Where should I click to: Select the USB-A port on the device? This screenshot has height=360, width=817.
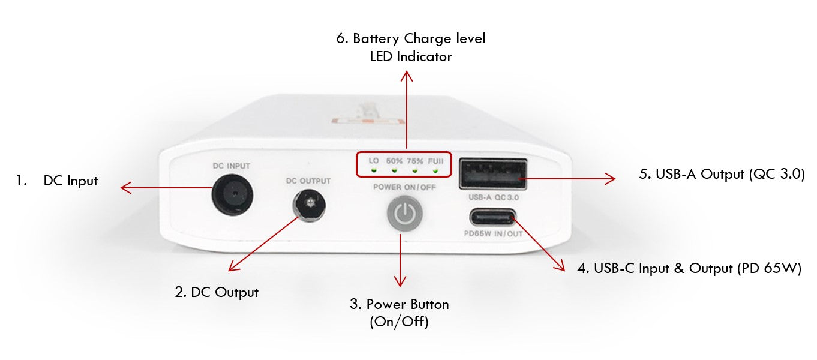click(x=492, y=173)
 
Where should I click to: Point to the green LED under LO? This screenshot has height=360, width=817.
click(x=373, y=170)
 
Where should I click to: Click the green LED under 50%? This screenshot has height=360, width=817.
click(x=394, y=170)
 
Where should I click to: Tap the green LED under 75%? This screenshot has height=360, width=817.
click(x=414, y=170)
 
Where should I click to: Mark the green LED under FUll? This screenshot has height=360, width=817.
click(x=435, y=170)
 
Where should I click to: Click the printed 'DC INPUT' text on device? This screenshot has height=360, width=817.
click(x=231, y=166)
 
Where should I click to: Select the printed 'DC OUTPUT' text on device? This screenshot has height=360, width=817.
click(x=308, y=181)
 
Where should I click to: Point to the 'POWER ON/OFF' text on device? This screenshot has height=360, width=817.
click(x=405, y=187)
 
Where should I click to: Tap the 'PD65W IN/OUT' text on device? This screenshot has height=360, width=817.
click(x=493, y=234)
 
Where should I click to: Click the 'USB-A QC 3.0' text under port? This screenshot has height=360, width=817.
click(x=492, y=196)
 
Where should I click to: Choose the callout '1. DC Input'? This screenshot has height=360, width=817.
click(x=57, y=181)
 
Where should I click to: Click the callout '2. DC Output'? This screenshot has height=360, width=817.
click(x=217, y=292)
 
